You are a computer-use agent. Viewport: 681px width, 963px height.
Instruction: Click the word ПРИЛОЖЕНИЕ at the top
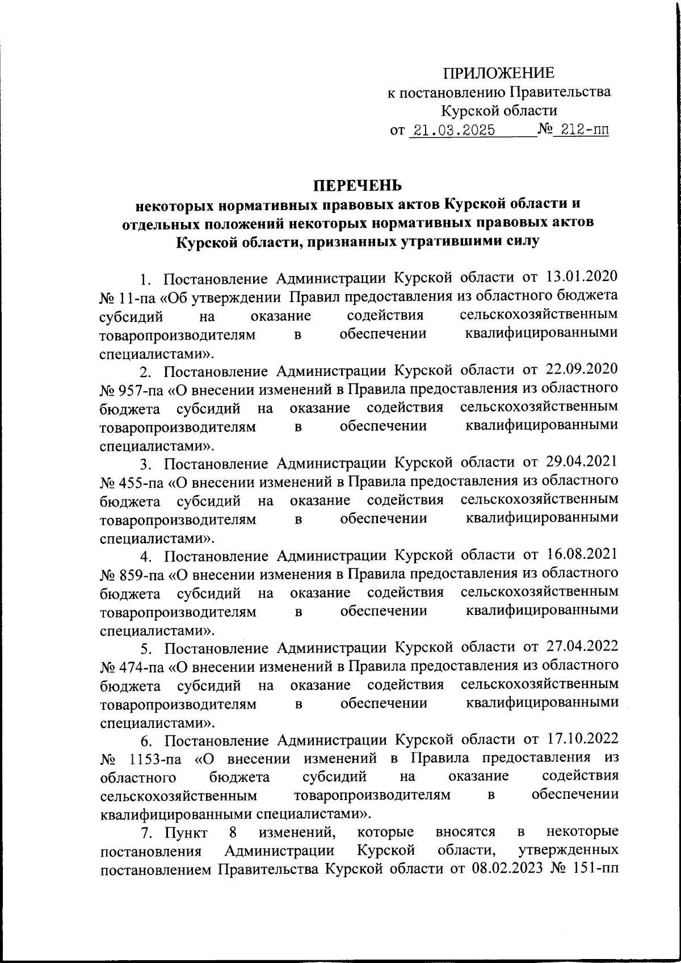coord(499,73)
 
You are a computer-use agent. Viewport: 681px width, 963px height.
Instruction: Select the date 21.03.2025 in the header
coord(454,130)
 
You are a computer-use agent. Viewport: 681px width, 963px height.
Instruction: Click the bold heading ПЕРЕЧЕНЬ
coord(358,185)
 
